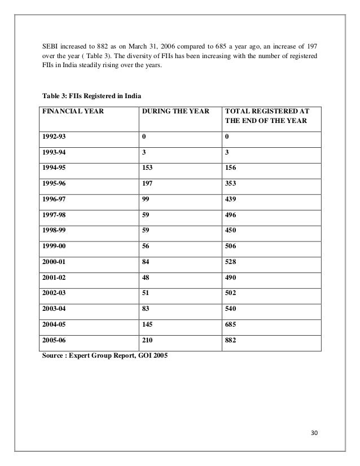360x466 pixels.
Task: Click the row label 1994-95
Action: pyautogui.click(x=52, y=166)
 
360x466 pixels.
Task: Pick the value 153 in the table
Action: pyautogui.click(x=148, y=166)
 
